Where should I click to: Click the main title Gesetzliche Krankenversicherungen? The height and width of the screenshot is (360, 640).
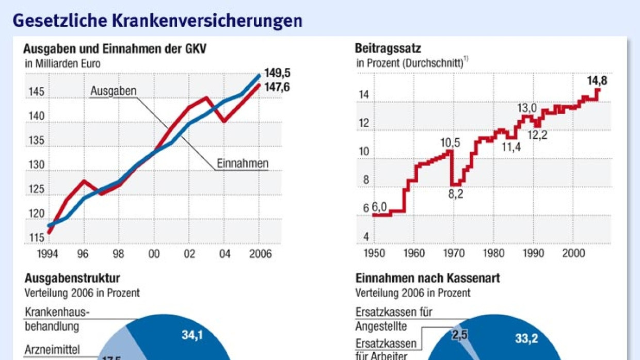pyautogui.click(x=157, y=20)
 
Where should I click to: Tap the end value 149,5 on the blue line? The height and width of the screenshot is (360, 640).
pyautogui.click(x=277, y=73)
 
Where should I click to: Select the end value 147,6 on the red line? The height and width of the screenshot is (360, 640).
pyautogui.click(x=277, y=87)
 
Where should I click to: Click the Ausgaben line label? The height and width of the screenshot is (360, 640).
pyautogui.click(x=113, y=91)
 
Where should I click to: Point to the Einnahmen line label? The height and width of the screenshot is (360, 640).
pyautogui.click(x=243, y=163)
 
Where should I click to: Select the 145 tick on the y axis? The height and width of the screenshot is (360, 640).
pyautogui.click(x=36, y=93)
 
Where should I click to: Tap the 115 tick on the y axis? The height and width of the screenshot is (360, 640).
pyautogui.click(x=36, y=238)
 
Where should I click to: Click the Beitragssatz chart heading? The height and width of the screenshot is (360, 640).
pyautogui.click(x=388, y=48)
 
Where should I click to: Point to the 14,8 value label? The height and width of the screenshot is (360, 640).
pyautogui.click(x=597, y=80)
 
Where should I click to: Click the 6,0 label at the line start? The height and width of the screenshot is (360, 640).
pyautogui.click(x=379, y=207)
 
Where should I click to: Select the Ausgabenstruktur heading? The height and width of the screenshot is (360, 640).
pyautogui.click(x=72, y=279)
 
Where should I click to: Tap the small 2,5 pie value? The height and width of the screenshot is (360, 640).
pyautogui.click(x=459, y=335)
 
